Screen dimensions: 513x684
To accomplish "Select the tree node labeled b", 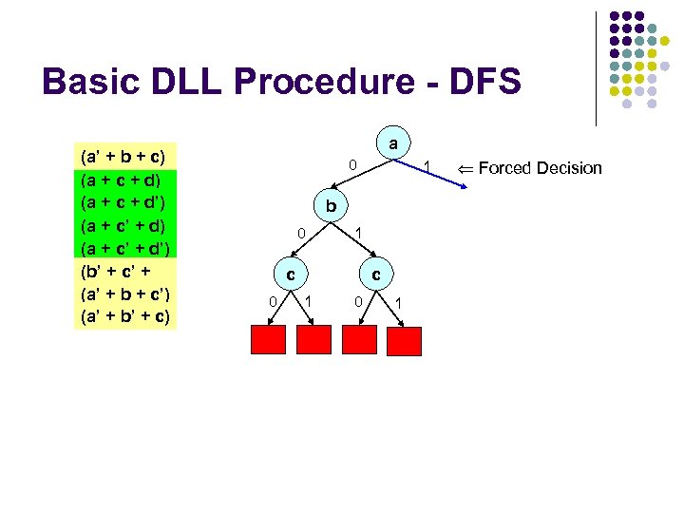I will [330, 206].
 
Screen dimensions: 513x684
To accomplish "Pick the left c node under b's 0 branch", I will [289, 275].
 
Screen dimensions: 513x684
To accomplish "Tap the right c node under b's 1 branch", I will [377, 275].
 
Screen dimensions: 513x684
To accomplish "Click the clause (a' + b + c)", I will [124, 155].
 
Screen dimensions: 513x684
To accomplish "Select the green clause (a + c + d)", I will [124, 178].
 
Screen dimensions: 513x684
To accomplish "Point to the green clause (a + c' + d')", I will [124, 247].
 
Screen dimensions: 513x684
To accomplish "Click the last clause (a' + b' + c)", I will [124, 315].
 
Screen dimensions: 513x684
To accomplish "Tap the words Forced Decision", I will [540, 168].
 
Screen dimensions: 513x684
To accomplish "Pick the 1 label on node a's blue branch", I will [428, 168].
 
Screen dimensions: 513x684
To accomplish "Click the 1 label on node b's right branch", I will [358, 233].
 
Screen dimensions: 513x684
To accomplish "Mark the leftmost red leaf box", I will [267, 340].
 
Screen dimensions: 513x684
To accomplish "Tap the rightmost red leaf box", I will [404, 341].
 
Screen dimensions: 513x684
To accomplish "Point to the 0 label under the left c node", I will [272, 302].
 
